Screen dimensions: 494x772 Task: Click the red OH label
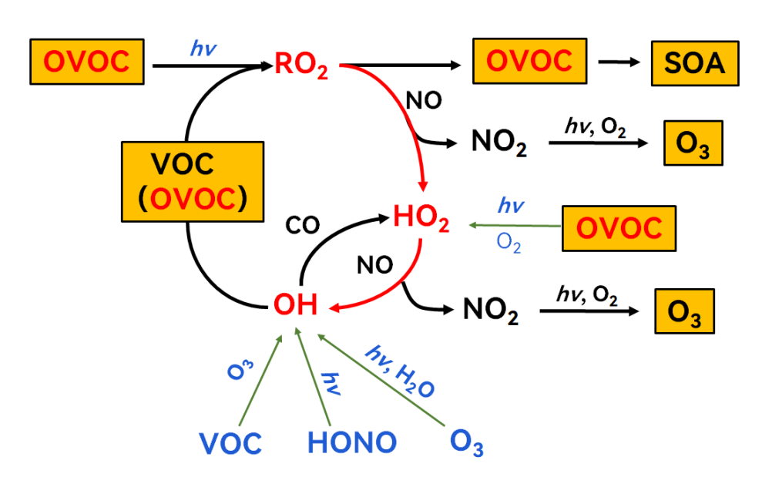295,305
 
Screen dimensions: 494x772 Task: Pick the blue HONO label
352,442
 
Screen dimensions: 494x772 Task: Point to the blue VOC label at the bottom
230,443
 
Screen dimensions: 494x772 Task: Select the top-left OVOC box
86,62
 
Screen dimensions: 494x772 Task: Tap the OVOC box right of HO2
619,228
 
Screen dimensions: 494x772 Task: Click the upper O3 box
693,143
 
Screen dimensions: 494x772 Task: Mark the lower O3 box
683,312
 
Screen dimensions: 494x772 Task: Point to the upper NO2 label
498,144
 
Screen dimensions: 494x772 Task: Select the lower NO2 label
491,312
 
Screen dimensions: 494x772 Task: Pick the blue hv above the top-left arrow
203,49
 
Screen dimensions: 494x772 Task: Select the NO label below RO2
423,101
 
